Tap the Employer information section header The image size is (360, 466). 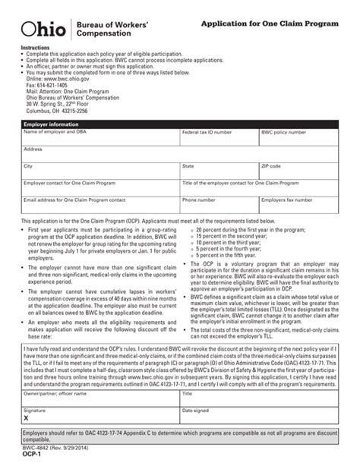[53, 122]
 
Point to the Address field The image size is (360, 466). [179, 155]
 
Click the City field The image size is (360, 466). [99, 173]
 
